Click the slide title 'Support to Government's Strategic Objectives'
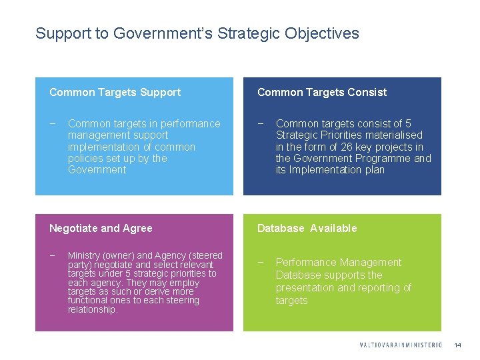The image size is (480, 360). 197,33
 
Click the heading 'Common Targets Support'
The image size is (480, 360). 115,92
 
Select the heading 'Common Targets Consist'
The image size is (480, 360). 322,92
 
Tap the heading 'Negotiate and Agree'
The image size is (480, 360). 101,228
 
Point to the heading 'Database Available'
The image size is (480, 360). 307,228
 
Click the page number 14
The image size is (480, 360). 457,345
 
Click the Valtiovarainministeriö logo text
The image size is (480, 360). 400,345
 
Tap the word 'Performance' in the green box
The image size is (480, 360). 305,263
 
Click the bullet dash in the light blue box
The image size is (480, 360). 53,123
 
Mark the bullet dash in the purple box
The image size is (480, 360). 53,256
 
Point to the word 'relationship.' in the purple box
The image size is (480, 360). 93,309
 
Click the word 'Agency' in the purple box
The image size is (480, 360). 169,256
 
